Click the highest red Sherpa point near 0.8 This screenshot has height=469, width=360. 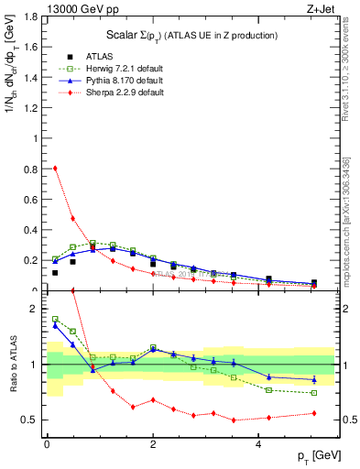(x=55, y=168)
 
